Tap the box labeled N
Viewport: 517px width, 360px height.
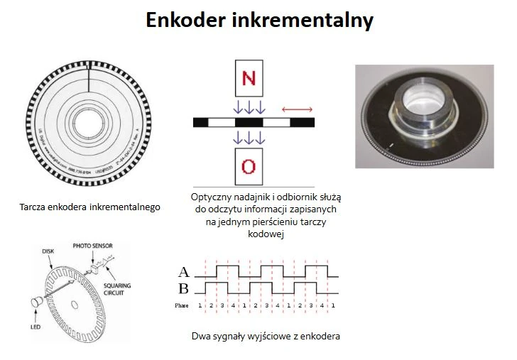pos(249,77)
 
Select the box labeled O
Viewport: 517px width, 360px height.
pos(249,167)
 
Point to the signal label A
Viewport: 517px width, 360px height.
pos(184,271)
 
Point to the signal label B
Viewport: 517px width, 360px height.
pos(184,288)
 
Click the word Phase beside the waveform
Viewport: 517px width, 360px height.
pos(183,305)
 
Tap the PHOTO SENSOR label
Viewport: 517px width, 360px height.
pos(92,246)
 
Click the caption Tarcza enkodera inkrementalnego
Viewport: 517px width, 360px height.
pos(90,208)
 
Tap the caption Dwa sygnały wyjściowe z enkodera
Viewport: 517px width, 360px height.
pos(266,336)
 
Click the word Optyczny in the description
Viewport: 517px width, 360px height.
pos(212,197)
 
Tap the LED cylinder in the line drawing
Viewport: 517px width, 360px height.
pos(35,303)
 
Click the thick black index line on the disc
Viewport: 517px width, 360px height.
pos(89,77)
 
